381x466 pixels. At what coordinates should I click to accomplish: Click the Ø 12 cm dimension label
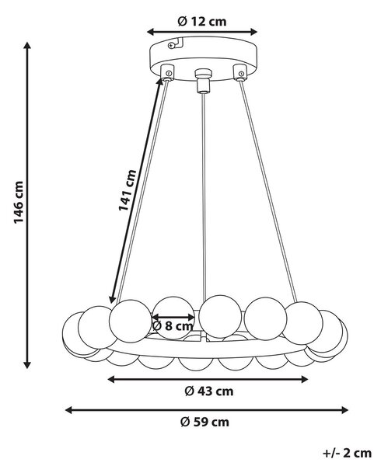[202, 22]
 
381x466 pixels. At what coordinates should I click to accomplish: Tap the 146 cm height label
[19, 203]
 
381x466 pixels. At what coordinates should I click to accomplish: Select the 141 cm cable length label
[128, 190]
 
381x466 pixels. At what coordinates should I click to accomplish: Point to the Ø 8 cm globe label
[173, 326]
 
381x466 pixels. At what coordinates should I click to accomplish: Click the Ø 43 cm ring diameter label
[209, 391]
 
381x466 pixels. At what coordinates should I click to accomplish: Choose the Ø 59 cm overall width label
[205, 422]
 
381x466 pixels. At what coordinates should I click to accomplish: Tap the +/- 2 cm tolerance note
[347, 454]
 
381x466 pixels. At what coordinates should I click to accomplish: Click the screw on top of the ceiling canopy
[171, 46]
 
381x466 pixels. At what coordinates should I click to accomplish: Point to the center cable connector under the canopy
[203, 81]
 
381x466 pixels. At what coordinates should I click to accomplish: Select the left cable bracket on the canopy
[167, 73]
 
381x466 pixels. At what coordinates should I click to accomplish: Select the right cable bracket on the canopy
[240, 72]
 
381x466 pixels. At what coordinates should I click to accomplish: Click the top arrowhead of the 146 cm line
[27, 46]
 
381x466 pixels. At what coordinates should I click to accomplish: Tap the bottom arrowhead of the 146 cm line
[27, 365]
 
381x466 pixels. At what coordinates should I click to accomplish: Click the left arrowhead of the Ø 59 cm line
[69, 410]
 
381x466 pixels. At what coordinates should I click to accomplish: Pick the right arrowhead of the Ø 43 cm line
[304, 379]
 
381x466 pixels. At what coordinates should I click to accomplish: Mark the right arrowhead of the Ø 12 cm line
[253, 32]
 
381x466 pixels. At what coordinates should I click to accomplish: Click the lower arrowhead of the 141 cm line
[112, 299]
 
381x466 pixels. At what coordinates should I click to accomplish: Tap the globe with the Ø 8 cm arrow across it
[173, 318]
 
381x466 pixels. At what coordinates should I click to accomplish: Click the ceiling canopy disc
[203, 58]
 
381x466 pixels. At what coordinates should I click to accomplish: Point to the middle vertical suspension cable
[204, 197]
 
